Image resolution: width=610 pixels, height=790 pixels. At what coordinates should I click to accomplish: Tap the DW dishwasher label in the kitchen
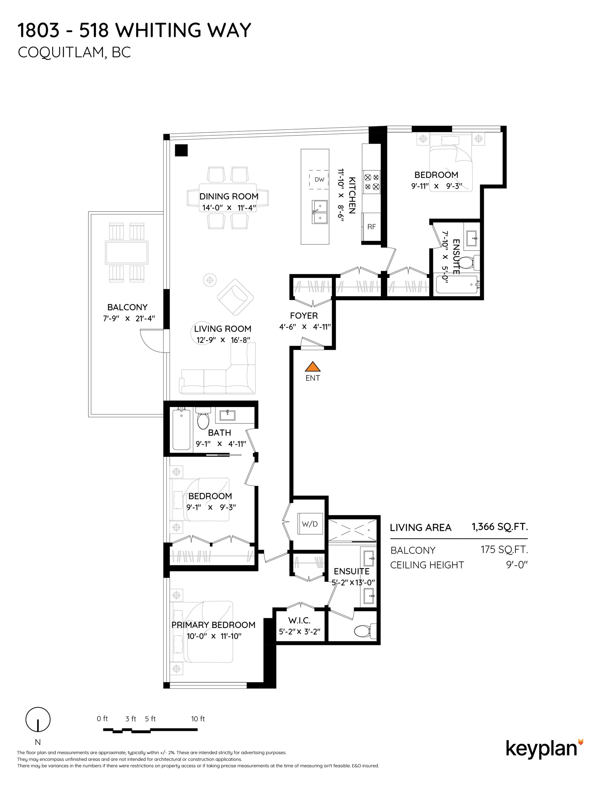coord(319,179)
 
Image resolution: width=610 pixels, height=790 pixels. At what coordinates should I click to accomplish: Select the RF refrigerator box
coord(372,227)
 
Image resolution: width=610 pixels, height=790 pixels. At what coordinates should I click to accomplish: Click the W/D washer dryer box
coord(309,524)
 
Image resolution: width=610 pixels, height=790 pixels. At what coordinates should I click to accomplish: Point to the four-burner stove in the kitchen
coord(372,182)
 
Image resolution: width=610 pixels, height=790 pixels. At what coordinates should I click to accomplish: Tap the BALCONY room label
coord(127,307)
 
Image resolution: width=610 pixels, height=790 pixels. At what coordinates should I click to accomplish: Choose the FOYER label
coord(304,315)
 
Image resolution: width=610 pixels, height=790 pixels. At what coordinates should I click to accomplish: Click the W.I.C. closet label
coord(300,620)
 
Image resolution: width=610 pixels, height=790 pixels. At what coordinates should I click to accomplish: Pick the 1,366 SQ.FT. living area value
coord(500,527)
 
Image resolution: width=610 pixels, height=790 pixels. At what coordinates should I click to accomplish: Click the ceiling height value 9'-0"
coord(517,565)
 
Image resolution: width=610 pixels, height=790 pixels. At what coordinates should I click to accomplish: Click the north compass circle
coord(38,719)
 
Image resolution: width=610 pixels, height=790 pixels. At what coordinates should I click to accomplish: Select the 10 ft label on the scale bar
coord(198,719)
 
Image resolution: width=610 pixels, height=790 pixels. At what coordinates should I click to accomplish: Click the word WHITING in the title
coord(158,30)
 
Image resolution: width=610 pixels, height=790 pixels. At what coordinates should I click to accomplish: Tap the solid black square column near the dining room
coord(181,150)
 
